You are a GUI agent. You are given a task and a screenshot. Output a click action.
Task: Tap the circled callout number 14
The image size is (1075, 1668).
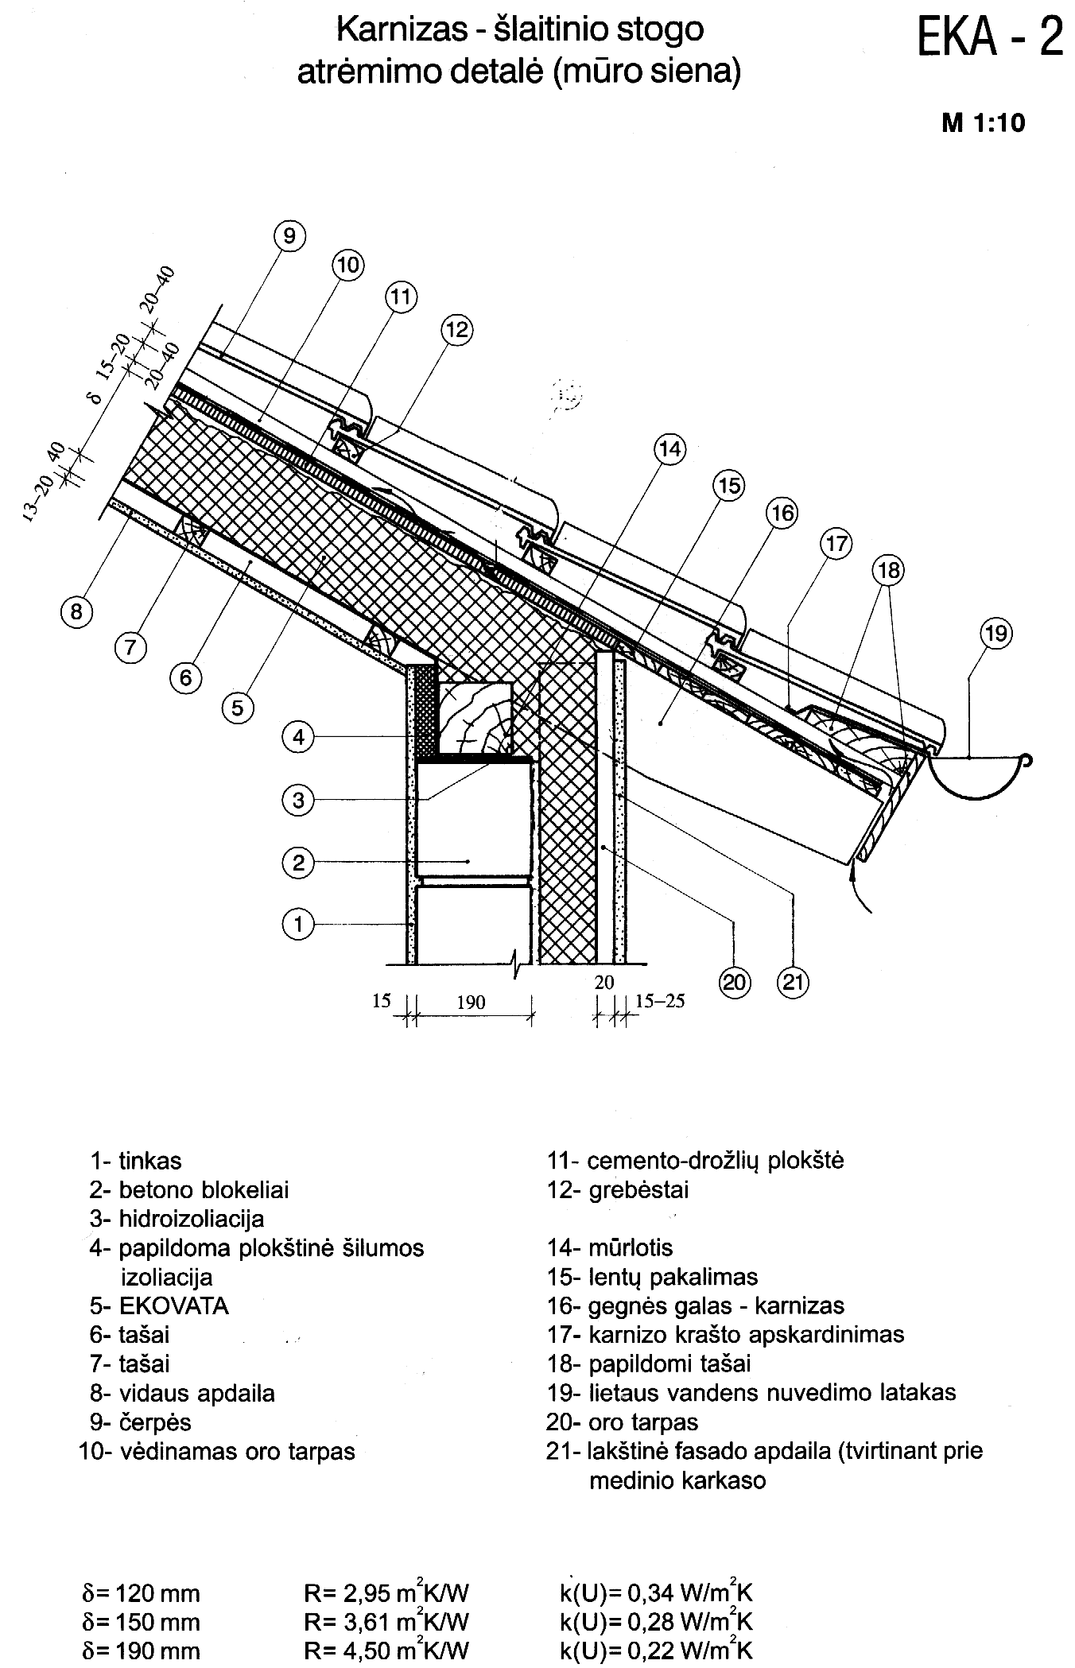(x=669, y=450)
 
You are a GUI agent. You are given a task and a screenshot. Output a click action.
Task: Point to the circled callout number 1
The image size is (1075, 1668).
(x=298, y=924)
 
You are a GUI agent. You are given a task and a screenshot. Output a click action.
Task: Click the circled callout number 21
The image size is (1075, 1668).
(x=794, y=983)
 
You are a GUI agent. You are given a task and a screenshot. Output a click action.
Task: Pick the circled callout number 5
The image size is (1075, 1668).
(x=237, y=706)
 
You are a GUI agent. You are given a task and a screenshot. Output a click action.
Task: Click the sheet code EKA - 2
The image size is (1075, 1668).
(x=990, y=36)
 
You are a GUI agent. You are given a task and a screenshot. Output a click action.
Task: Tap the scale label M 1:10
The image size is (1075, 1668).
(x=984, y=123)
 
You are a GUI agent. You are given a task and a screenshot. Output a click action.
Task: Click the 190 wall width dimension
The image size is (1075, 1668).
(x=471, y=1003)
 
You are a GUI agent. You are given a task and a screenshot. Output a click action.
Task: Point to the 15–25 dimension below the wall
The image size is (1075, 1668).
(x=660, y=1000)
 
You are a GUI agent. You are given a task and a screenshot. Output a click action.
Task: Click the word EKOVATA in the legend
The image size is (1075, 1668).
(x=173, y=1306)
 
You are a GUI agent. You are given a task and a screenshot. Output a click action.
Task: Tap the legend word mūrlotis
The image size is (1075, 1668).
(x=631, y=1247)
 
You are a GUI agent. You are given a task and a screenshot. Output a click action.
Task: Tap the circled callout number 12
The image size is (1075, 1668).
(x=456, y=329)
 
